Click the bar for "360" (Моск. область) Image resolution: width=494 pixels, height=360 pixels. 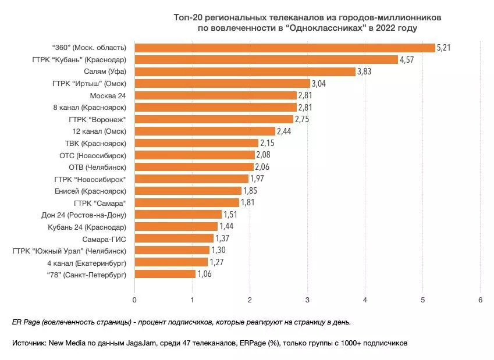pos(285,48)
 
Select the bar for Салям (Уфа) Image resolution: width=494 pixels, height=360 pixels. pos(245,72)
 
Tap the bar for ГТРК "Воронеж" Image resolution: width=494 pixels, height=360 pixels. pos(214,119)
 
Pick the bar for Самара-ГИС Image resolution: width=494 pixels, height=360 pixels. pos(174,238)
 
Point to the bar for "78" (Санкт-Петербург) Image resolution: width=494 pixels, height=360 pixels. pos(165,273)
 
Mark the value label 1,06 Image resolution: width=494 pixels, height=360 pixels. pos(205,274)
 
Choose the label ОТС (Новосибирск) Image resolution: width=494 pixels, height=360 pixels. pos(93,155)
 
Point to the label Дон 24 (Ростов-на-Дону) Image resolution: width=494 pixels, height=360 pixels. pos(84,214)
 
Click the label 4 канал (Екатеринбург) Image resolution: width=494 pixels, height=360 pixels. pos(87,262)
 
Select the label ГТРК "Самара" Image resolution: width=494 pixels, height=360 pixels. pos(100,202)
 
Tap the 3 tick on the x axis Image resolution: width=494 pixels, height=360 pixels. pos(307,300)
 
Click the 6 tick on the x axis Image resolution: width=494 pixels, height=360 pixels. pos(480,300)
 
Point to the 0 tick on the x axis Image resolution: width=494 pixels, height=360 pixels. pos(134,300)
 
